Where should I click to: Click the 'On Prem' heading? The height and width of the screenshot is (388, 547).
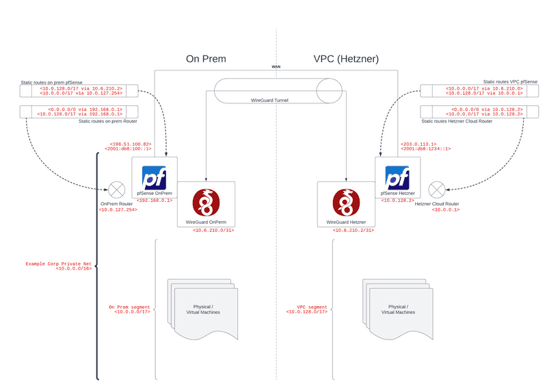click(206, 59)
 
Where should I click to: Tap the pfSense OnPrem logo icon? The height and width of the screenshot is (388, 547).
click(155, 177)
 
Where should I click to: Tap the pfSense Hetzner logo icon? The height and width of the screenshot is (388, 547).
click(397, 177)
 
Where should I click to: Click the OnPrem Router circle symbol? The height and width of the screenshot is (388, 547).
click(118, 188)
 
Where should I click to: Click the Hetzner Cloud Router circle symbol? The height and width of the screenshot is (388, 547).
click(436, 188)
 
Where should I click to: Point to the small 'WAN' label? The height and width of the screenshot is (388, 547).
click(276, 67)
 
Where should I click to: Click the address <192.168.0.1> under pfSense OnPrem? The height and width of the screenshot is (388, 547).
click(154, 201)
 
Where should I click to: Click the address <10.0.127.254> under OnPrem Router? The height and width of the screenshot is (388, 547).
click(118, 209)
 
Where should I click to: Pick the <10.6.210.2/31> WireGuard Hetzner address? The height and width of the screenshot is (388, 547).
click(353, 231)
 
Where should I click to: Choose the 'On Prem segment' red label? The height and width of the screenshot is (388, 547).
click(130, 307)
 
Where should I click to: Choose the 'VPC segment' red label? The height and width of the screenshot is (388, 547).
click(312, 307)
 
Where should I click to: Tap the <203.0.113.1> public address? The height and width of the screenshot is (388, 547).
click(417, 144)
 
